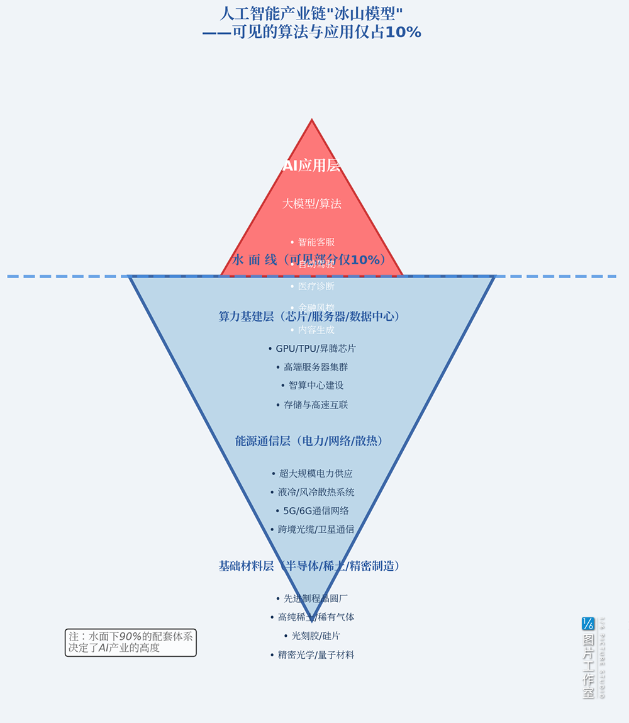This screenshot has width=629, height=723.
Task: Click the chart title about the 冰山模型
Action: (311, 23)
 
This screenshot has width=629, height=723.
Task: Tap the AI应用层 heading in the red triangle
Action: (311, 165)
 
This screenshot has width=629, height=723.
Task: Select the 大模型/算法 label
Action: (311, 204)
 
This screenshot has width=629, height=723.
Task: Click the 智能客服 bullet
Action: (313, 242)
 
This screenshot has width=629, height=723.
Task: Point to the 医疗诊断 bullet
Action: (313, 286)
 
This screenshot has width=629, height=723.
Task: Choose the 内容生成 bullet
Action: (313, 330)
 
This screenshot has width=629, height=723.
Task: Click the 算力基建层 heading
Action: (309, 317)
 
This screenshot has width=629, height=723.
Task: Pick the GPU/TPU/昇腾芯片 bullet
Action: (312, 349)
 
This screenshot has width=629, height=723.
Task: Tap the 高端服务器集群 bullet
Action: (312, 367)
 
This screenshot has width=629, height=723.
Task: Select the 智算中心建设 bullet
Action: (312, 385)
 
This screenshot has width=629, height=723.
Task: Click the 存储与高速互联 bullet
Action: (312, 405)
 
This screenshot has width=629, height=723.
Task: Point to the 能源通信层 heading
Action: (309, 441)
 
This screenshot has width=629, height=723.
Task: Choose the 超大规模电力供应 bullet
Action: (312, 473)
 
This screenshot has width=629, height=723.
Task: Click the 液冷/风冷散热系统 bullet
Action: (312, 492)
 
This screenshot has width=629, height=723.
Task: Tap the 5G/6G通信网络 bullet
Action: (312, 511)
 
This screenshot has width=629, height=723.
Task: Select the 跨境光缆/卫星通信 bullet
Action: (312, 530)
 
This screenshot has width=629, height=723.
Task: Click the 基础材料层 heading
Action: (309, 566)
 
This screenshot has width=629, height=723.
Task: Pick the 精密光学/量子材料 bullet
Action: (312, 655)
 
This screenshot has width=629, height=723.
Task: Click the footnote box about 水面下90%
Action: (131, 642)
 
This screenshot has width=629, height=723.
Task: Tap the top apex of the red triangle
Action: (311, 121)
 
